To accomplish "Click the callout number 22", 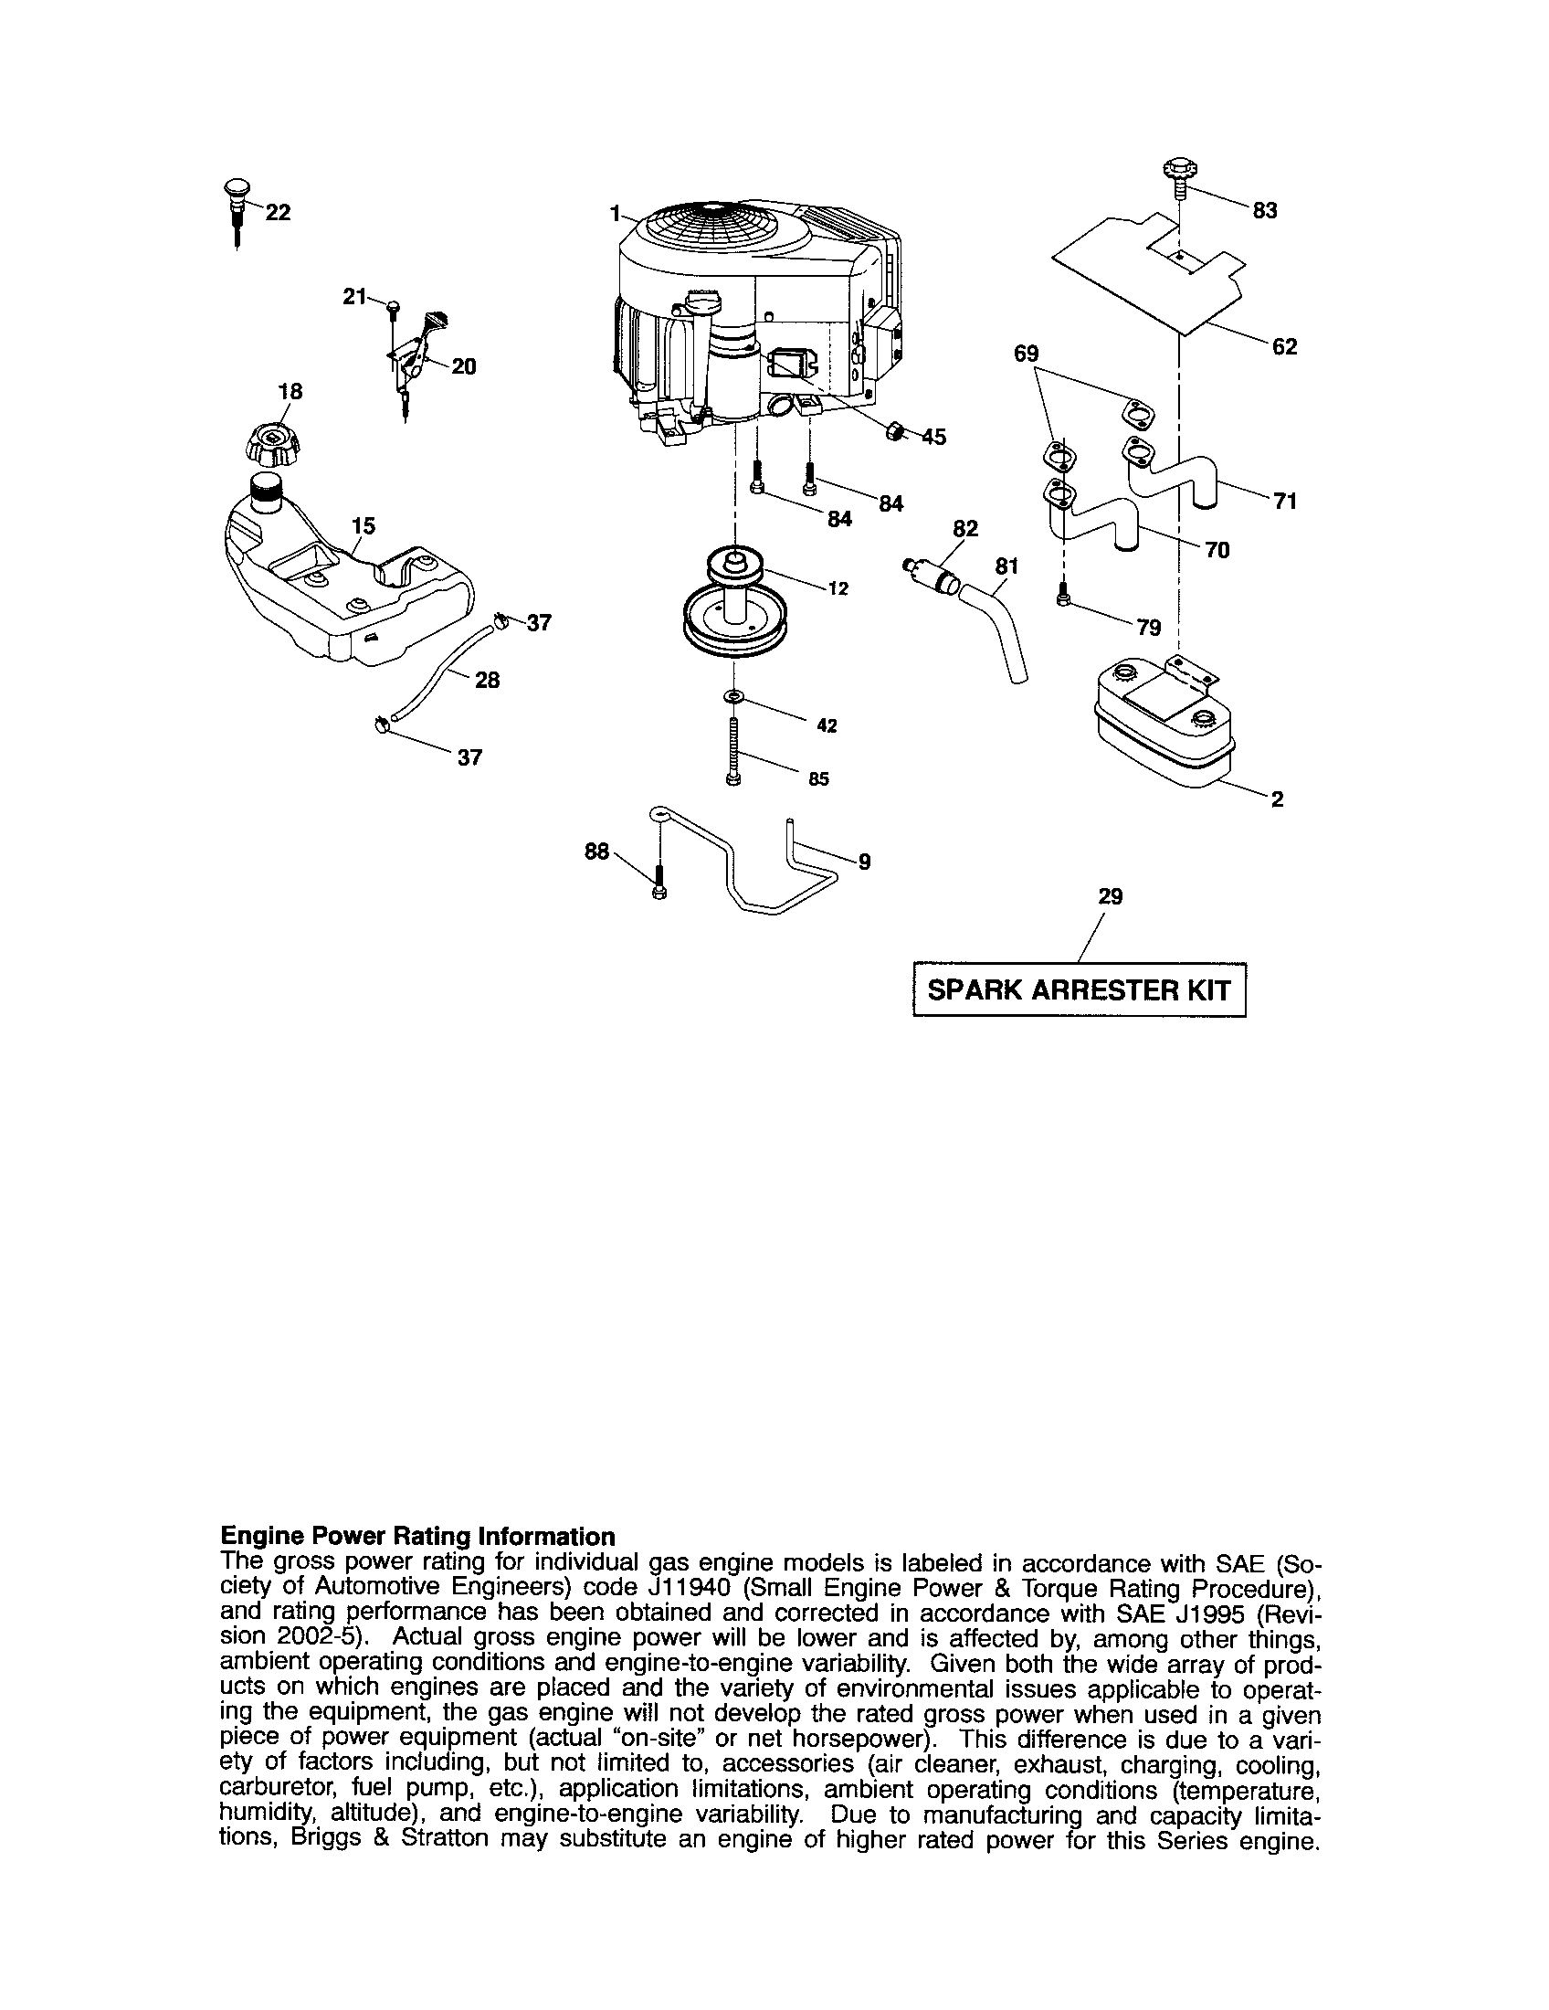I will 278,213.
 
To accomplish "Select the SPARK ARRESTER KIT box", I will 1079,990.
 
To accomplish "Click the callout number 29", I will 1111,896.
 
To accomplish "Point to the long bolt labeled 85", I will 733,752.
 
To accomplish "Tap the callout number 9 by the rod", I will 864,862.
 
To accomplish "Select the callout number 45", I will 933,437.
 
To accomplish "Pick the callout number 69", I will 1026,354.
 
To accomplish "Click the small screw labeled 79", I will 1064,596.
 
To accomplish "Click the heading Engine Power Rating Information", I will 417,1537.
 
